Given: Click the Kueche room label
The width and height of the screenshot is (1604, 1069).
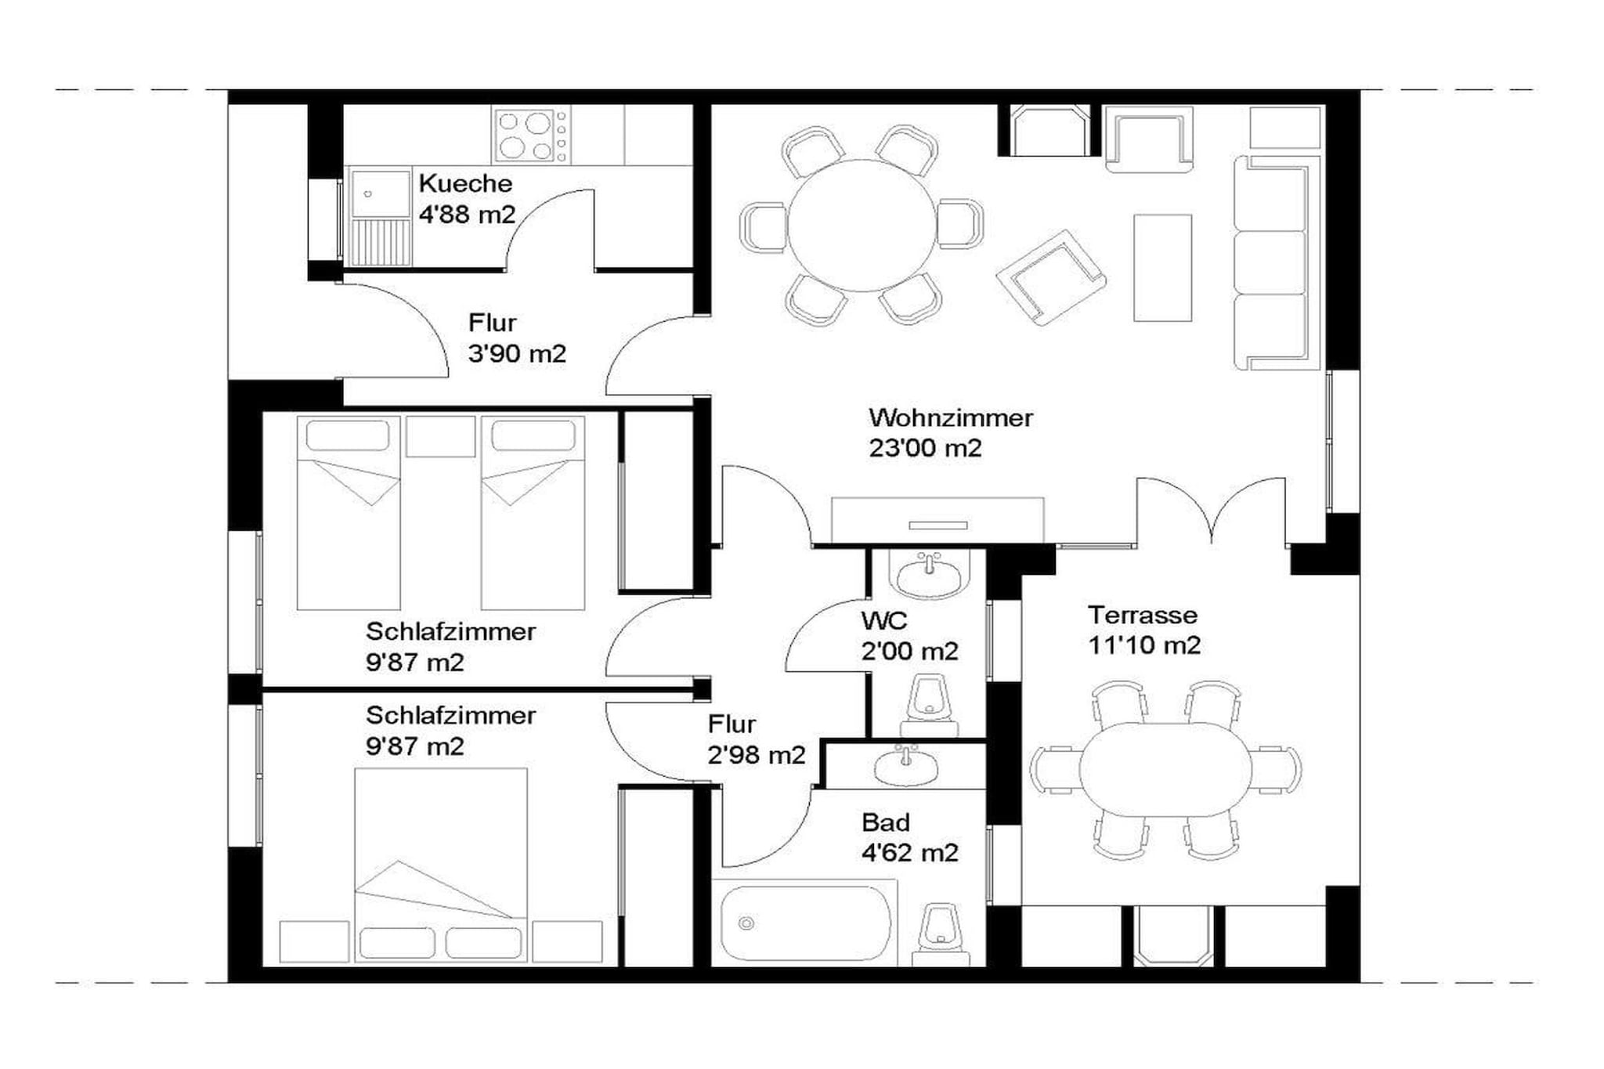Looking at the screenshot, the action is tap(465, 183).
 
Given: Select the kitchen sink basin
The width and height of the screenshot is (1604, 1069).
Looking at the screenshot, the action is tap(381, 194).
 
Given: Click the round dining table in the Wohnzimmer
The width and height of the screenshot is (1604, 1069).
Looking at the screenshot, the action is tap(862, 226).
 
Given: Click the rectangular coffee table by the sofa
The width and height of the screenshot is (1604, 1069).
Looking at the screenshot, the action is tap(1163, 268).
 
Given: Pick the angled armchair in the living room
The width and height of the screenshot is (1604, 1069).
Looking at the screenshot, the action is tap(1051, 276).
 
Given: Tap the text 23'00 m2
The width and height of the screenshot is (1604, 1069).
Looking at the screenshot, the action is tap(925, 448).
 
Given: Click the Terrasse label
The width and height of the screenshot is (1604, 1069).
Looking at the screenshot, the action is tap(1143, 615).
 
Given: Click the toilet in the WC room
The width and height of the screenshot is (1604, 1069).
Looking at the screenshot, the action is tap(929, 705).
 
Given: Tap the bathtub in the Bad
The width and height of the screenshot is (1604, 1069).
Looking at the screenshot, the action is tap(806, 923).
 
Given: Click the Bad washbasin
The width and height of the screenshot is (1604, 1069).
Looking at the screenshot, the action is tap(906, 766).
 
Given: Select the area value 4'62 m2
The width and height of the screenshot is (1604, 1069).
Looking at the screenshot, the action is tap(910, 852).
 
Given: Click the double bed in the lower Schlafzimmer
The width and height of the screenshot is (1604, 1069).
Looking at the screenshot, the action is tap(441, 865).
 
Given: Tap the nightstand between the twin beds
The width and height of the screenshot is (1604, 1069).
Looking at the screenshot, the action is tap(441, 436).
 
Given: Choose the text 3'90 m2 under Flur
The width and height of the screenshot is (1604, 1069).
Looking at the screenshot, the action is tap(517, 353).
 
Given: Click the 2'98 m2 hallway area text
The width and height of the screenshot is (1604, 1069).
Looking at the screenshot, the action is tap(757, 754).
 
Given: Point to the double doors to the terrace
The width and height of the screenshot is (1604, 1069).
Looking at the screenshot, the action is tap(1211, 509).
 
